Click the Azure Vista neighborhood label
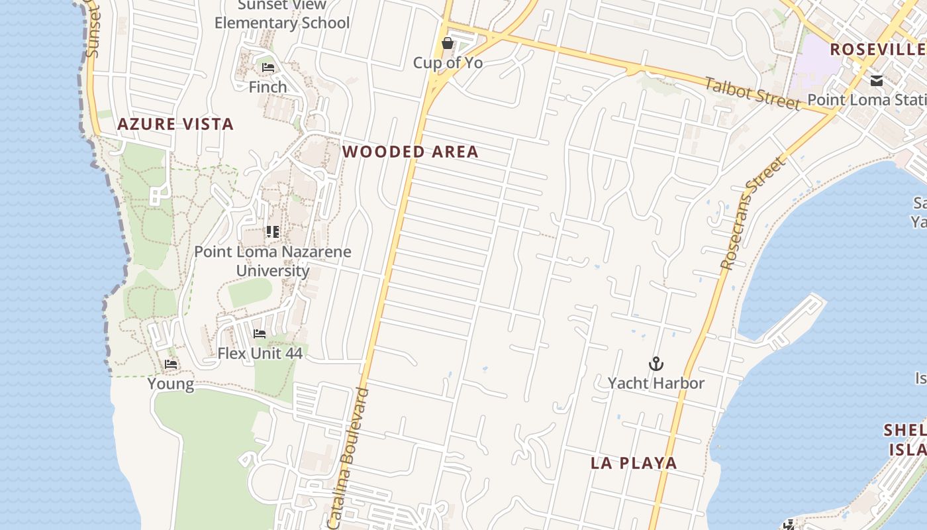pos(175,124)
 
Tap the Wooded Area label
pos(410,152)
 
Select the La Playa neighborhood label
pos(634,463)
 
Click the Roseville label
pos(877,49)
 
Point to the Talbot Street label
pos(752,93)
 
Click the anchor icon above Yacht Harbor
pos(656,364)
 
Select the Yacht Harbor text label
pos(656,383)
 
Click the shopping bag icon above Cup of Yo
pos(448,44)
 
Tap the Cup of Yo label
pos(448,63)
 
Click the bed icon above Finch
pos(268,68)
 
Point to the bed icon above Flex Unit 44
pos(260,334)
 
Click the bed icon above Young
pos(171,364)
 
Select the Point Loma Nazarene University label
pos(272,261)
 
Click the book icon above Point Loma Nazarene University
pos(272,232)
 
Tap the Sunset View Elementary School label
pos(282,15)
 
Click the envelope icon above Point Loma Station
pos(877,81)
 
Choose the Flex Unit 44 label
pos(260,353)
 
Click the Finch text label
pos(268,87)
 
